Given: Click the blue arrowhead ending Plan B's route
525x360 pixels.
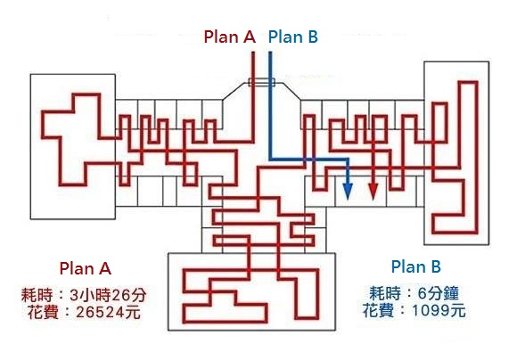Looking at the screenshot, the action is point(348,192).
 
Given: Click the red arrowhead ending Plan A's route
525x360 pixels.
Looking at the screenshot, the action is point(373,192).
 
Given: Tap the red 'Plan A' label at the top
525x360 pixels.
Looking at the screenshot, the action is point(230,37).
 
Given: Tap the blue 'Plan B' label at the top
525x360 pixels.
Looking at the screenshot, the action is point(293,37).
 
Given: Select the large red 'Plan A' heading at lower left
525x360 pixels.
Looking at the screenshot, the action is point(86,268).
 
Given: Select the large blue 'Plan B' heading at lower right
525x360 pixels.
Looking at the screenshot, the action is point(416,266).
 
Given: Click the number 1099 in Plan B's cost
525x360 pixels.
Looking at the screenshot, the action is point(429,311).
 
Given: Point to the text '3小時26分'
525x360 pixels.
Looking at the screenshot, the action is point(108,295).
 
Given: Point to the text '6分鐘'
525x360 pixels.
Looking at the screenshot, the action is point(438,293).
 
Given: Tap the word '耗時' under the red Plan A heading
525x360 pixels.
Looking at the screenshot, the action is point(37,295).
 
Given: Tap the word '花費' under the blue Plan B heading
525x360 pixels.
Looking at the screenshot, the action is point(379,310).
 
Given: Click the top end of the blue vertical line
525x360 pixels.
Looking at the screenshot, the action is point(270,53).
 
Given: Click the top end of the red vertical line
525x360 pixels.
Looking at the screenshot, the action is point(253,53).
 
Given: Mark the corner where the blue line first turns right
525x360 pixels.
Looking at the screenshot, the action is point(271,160).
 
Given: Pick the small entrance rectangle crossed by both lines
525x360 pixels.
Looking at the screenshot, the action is point(262,82).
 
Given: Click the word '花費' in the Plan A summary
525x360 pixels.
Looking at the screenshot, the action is point(43,313).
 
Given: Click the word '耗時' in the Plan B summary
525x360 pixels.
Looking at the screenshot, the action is point(385,293).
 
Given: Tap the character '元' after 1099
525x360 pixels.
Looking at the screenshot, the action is point(457,311).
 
